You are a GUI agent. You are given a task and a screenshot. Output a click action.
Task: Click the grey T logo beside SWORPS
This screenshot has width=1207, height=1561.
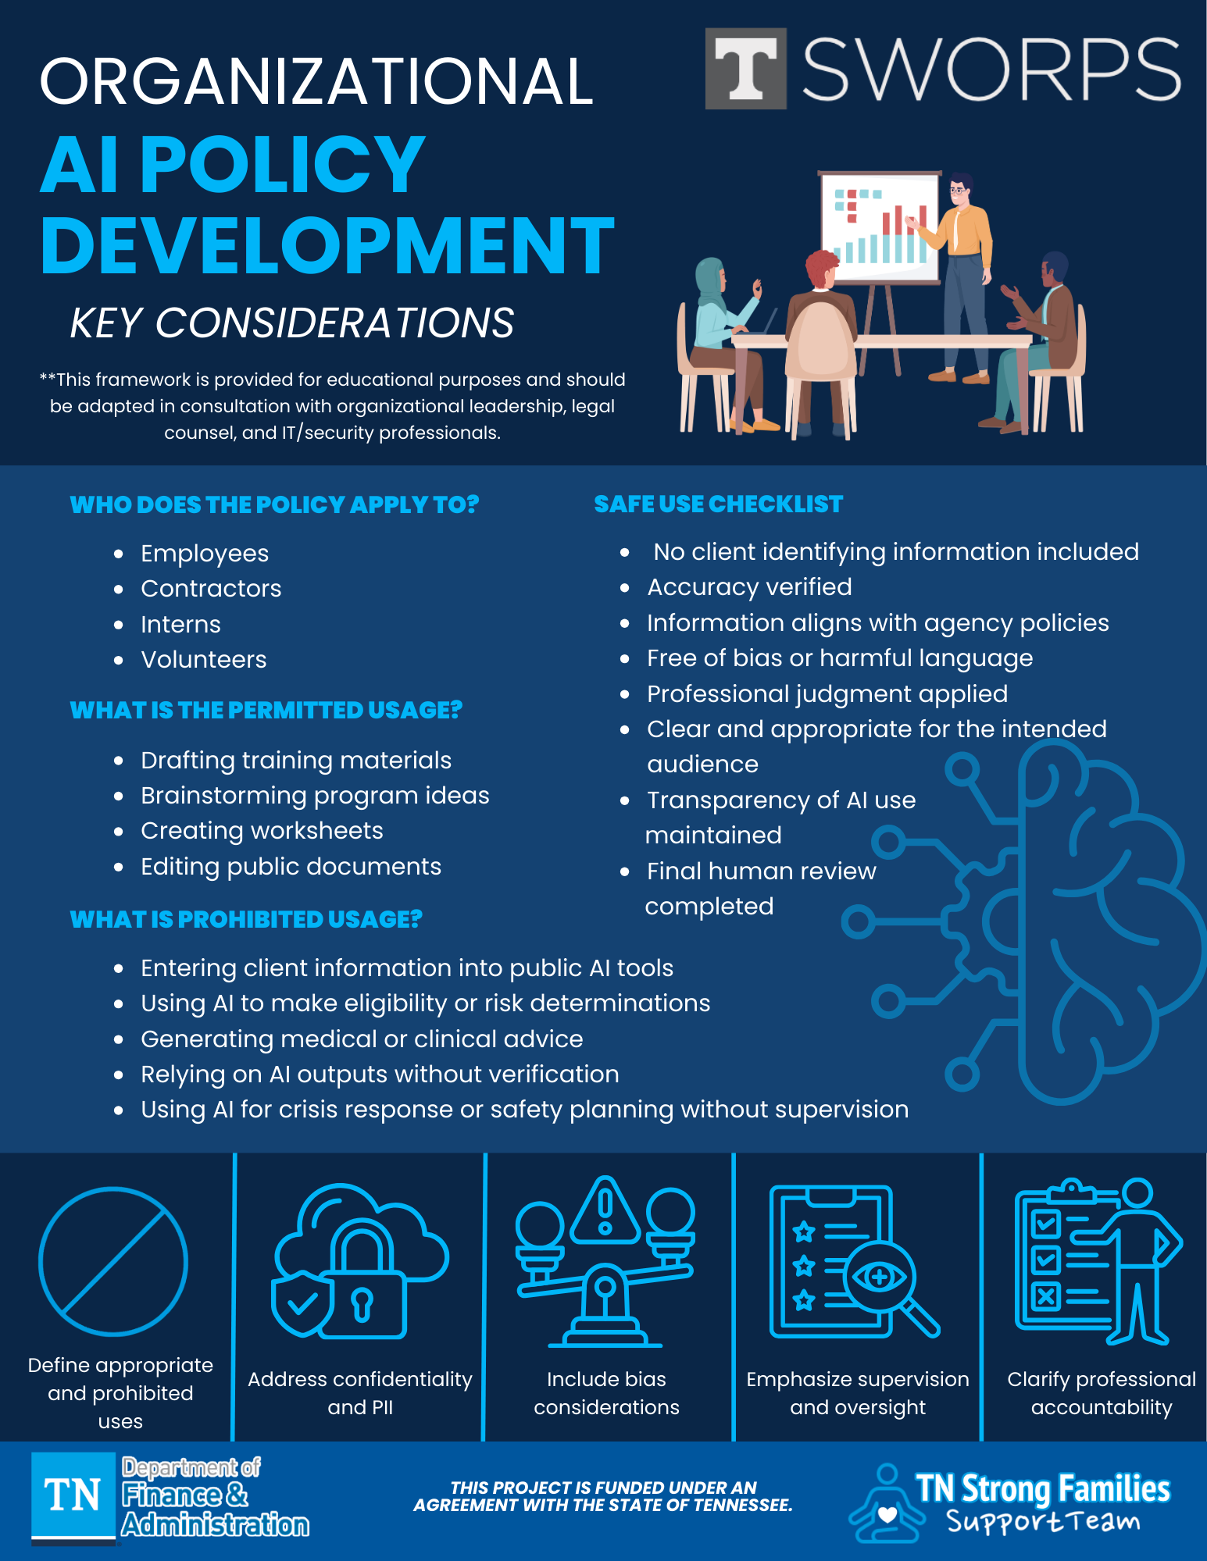(745, 69)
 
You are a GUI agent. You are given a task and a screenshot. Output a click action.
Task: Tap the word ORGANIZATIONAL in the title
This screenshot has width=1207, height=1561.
(316, 81)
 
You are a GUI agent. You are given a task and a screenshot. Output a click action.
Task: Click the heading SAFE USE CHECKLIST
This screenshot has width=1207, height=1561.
(718, 504)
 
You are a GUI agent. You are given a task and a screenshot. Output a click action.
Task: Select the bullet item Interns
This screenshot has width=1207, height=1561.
(180, 625)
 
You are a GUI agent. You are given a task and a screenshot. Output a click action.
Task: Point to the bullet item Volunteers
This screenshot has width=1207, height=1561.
(203, 660)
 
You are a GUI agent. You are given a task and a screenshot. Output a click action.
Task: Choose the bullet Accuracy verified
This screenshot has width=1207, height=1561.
(748, 587)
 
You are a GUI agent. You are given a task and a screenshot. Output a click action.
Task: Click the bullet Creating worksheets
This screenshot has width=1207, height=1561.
(262, 831)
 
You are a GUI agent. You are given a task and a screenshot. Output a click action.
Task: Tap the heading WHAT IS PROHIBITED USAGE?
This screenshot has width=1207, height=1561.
(246, 920)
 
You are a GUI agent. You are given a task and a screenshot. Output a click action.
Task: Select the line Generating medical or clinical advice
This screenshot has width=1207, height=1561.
(362, 1039)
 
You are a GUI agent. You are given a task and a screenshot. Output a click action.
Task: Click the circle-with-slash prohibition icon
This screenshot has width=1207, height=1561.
(113, 1261)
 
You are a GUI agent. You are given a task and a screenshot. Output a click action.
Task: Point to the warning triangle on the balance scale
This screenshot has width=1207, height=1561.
(605, 1210)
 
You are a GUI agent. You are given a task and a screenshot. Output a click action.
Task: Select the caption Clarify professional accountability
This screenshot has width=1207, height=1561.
(1101, 1393)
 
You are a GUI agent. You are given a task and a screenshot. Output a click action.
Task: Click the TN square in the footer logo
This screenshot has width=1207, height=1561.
(73, 1495)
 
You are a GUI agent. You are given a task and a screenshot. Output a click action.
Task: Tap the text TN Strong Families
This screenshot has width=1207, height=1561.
(1042, 1489)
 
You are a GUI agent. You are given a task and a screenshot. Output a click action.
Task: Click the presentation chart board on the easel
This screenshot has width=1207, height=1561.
(880, 226)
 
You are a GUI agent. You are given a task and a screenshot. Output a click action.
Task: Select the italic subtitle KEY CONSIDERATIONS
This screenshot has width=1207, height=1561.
(292, 323)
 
